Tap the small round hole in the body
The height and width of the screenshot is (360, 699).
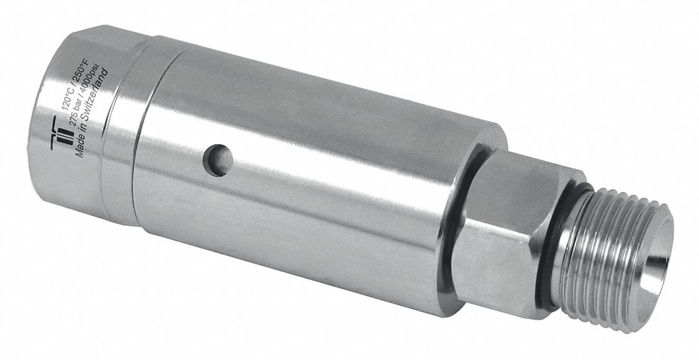point(219,159)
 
